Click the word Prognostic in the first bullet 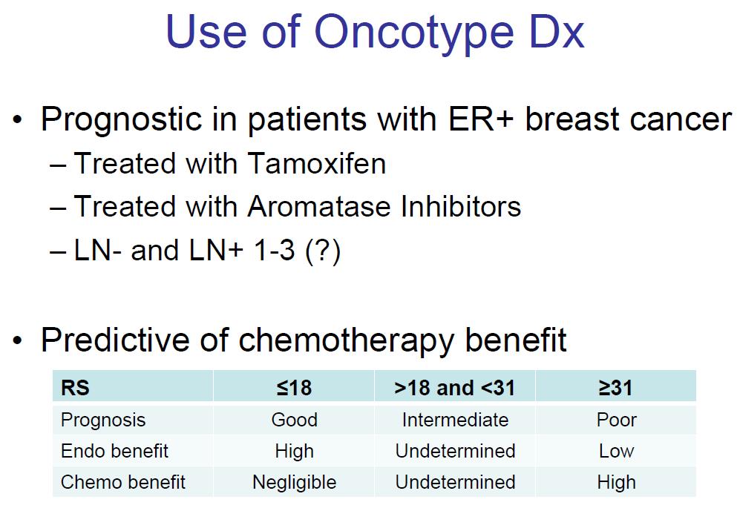tap(121, 120)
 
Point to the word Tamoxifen tap(317, 163)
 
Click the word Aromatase tap(319, 206)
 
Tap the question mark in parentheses tap(323, 250)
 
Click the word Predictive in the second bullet tap(115, 340)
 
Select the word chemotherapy tap(346, 341)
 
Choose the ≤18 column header tap(294, 388)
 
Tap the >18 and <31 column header tap(454, 388)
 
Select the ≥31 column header tap(615, 388)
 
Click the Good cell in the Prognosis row tap(295, 420)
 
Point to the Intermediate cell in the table tap(456, 420)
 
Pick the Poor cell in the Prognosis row tap(616, 420)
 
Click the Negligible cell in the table tap(295, 483)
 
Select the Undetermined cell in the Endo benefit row tap(456, 451)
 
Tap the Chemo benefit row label tap(123, 482)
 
